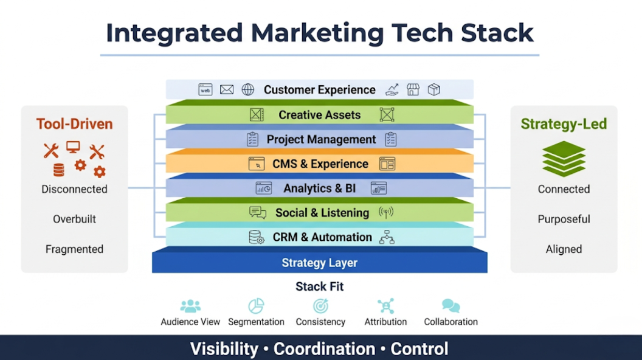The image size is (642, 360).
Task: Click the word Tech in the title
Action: coord(422,33)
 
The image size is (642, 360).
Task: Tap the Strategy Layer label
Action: coord(319,263)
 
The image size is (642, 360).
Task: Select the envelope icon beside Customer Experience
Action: coord(226,89)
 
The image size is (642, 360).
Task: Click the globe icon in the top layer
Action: coord(247,89)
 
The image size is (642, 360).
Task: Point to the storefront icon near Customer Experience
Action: coord(413,89)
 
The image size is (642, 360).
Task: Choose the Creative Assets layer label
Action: coord(319,115)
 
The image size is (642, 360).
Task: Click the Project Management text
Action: coord(321,140)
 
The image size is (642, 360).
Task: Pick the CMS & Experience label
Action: coord(320,164)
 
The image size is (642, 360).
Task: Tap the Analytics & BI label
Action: coord(319,189)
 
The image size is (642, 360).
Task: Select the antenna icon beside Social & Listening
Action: coord(385,213)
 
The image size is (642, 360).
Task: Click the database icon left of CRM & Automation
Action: coord(257,237)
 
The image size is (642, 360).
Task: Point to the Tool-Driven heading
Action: coord(75,124)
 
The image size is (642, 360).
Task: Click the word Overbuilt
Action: coord(75,219)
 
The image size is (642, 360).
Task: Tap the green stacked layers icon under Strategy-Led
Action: coord(564,159)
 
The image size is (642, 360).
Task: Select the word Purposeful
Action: coord(564,220)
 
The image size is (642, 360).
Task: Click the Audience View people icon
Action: coord(190,306)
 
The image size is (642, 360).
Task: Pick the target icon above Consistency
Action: coord(320,306)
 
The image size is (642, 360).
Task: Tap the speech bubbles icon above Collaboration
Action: coord(450,306)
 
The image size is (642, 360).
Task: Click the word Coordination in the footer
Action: coord(324,349)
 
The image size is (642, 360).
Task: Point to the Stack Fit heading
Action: coord(319,286)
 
